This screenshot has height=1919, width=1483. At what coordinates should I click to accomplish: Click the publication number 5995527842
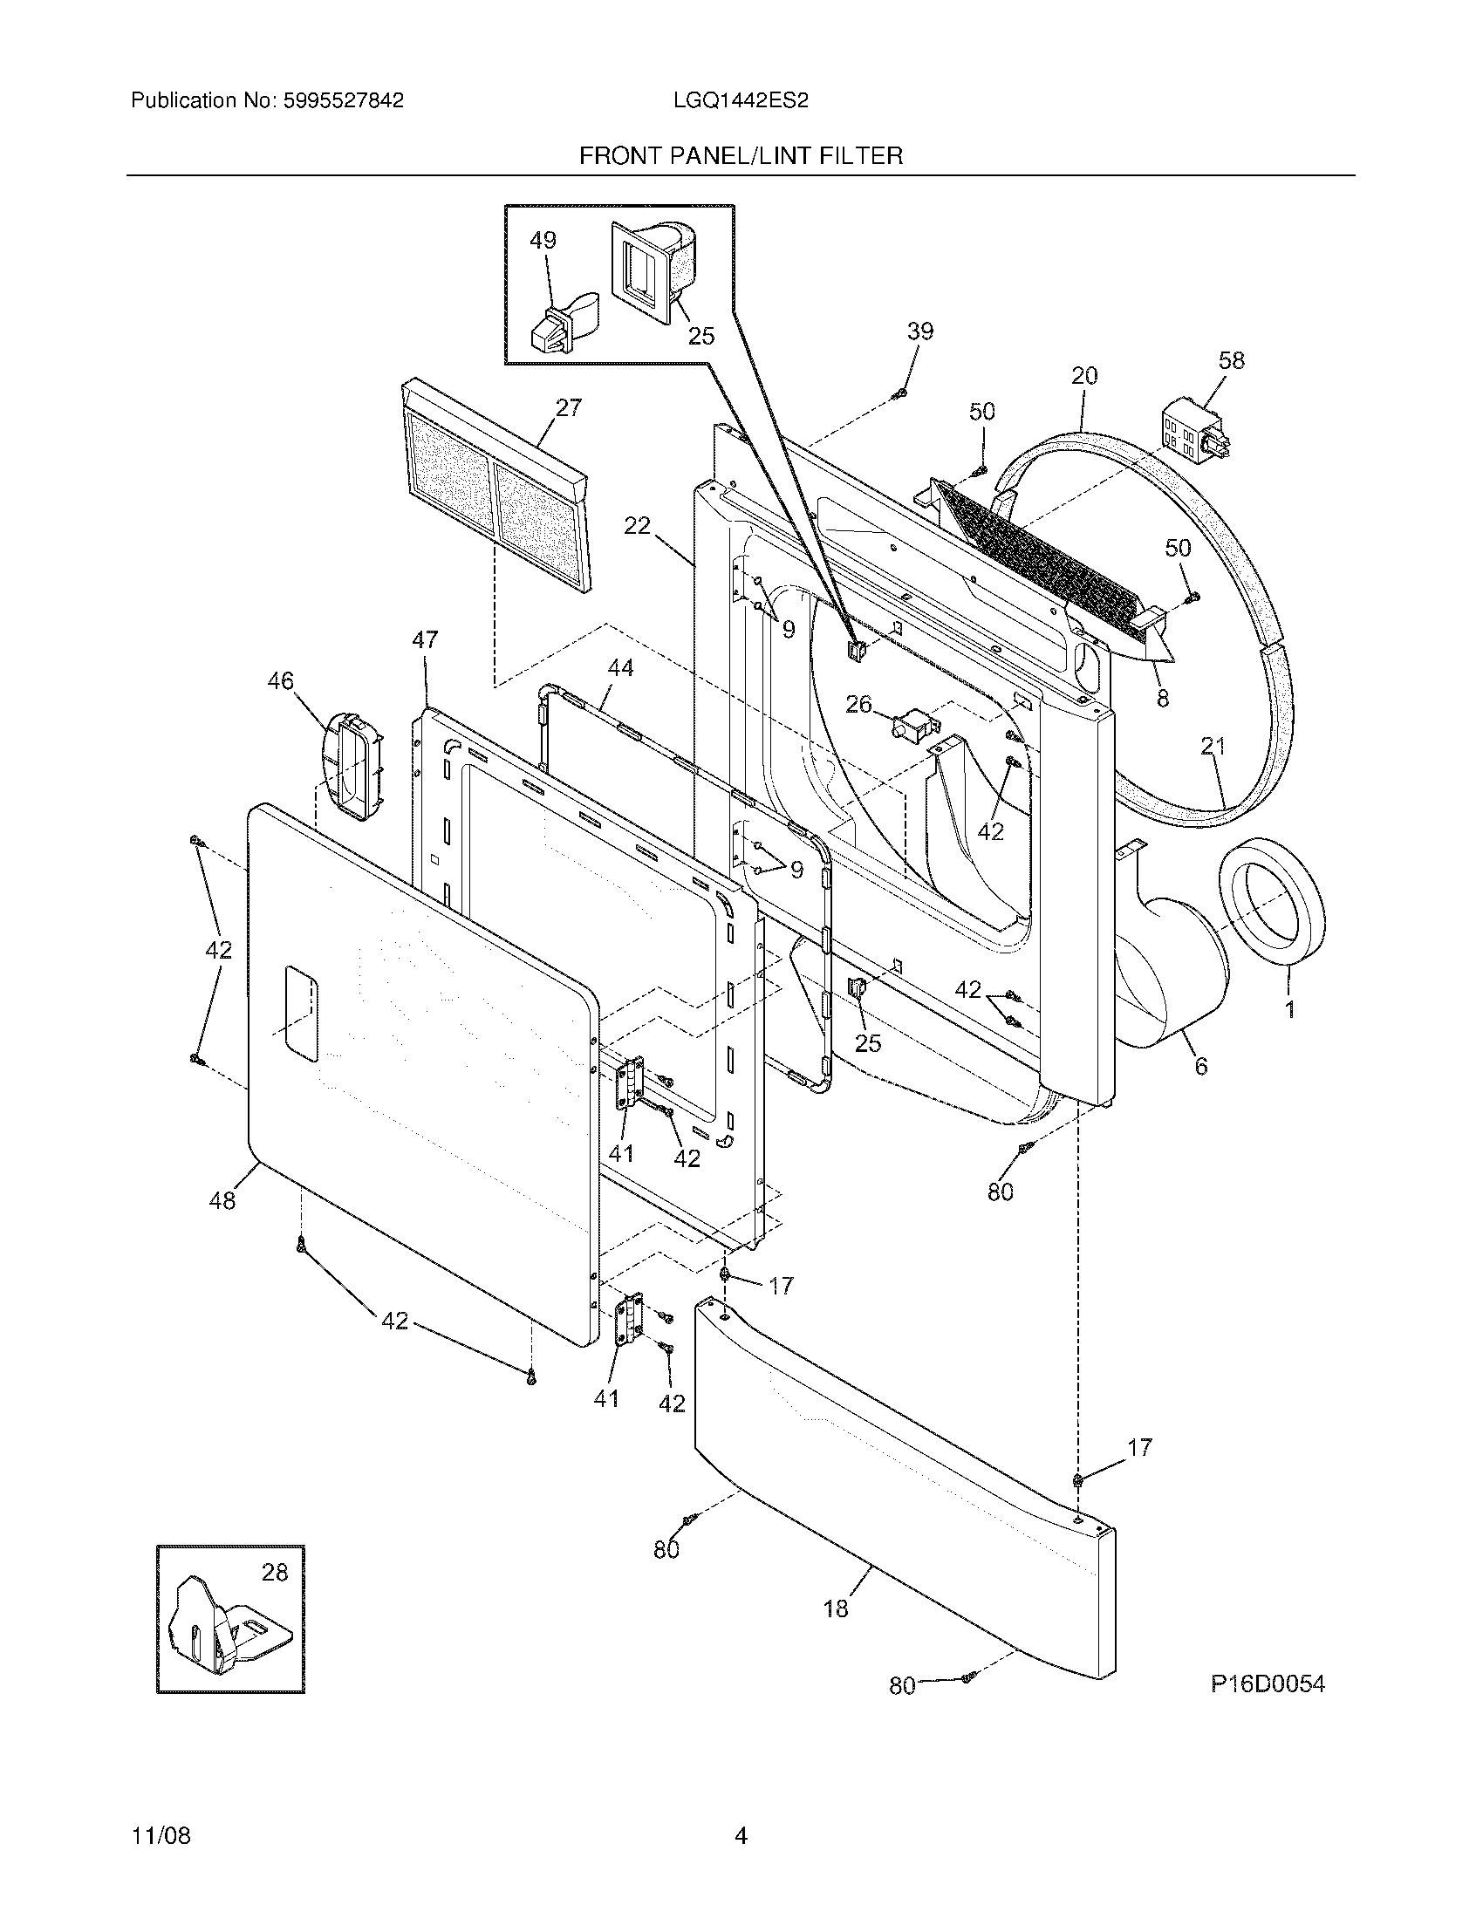344,100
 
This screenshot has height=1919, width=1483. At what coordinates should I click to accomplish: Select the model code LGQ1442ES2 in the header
741,100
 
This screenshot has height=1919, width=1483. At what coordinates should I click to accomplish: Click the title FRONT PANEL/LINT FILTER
741,156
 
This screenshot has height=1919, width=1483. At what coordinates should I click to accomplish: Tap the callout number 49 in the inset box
543,240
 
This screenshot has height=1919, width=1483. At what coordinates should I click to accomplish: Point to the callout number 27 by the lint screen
569,407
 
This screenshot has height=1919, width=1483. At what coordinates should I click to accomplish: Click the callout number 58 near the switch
1232,360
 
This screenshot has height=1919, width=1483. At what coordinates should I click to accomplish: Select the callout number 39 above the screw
919,331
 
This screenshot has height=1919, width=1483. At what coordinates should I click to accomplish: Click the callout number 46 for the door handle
280,681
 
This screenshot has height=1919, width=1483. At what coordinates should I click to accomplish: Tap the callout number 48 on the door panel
222,1200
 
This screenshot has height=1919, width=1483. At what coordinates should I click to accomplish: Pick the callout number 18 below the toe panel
836,1608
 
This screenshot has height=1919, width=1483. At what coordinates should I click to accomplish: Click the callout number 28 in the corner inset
275,1573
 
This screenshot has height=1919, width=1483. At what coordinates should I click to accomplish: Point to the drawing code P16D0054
1267,1683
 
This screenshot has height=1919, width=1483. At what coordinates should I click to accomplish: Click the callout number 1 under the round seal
1289,1010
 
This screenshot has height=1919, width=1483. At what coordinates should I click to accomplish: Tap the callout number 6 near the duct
1200,1066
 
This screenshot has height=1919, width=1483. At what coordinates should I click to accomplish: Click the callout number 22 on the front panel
637,525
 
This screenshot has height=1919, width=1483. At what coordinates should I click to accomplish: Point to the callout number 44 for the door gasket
619,668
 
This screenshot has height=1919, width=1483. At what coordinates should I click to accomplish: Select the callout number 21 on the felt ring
1213,747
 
